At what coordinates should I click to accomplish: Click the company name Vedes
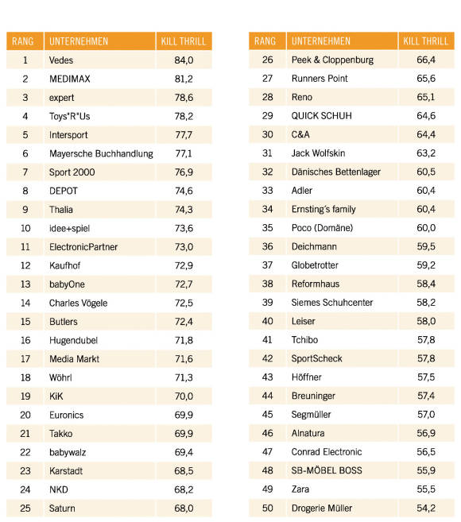(61, 60)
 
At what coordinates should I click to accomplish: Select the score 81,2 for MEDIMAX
(184, 79)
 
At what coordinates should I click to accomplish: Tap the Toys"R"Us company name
(70, 117)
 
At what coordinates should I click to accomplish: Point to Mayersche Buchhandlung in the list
(101, 154)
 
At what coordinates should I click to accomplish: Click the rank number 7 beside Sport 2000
(25, 172)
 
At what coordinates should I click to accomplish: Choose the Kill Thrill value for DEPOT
(184, 191)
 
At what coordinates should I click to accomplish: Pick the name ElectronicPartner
(83, 247)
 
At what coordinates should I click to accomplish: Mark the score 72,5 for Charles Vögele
(184, 303)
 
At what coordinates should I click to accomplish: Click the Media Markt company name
(74, 359)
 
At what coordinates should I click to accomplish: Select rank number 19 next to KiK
(25, 396)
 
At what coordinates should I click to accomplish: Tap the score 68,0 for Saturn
(184, 508)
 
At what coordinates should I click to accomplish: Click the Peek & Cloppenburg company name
(332, 60)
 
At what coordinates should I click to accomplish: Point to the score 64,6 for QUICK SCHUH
(426, 116)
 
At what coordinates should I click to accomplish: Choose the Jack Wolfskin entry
(318, 153)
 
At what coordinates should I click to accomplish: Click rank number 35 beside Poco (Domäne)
(268, 228)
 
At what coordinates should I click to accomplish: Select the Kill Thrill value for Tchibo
(426, 340)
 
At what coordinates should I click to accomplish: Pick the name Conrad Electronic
(327, 452)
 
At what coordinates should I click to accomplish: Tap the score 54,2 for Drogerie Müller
(426, 508)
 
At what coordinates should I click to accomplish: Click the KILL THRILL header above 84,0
(184, 41)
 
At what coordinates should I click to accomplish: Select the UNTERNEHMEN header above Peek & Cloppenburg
(321, 41)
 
